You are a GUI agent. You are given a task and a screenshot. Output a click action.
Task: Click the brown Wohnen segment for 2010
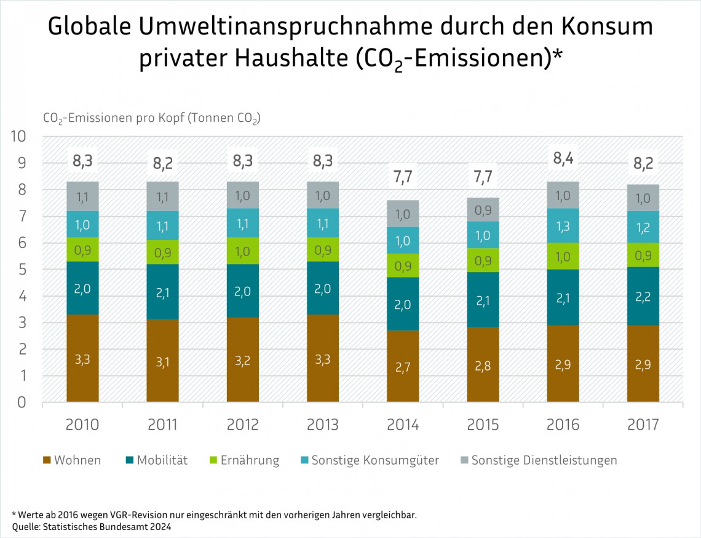(x=83, y=358)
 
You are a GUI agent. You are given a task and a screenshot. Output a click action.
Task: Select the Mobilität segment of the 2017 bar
(x=643, y=296)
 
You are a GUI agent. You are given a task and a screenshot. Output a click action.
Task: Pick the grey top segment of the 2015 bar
(x=483, y=209)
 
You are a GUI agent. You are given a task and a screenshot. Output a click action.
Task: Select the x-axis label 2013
(x=323, y=425)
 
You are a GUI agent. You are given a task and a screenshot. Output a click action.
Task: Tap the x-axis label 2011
(x=163, y=425)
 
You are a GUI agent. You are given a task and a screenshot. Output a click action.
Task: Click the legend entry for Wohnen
(x=72, y=460)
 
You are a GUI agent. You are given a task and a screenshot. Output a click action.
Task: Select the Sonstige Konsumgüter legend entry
(x=369, y=460)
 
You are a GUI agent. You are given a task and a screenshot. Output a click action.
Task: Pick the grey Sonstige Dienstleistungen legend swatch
(x=465, y=460)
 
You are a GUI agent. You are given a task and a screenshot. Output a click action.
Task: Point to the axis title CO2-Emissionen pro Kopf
(x=151, y=119)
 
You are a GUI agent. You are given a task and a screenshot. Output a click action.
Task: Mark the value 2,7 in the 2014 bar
(x=403, y=367)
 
